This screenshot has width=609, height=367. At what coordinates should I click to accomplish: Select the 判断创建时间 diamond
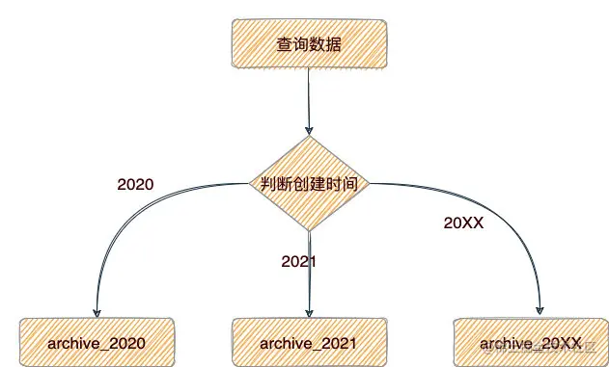[x=310, y=184]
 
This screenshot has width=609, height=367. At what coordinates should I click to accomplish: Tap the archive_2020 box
[x=97, y=343]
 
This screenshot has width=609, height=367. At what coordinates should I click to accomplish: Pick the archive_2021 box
[x=309, y=343]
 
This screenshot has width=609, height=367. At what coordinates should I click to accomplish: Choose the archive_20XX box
[x=531, y=343]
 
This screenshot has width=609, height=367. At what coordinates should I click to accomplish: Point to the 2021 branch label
[x=299, y=261]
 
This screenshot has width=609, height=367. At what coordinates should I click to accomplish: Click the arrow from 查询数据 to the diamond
[x=309, y=101]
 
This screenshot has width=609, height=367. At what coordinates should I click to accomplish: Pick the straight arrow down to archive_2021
[x=309, y=275]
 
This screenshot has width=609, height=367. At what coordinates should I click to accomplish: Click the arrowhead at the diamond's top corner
[x=309, y=132]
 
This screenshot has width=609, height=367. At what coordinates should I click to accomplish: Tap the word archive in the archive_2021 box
[x=286, y=343]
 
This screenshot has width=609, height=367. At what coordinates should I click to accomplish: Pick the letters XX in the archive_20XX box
[x=568, y=343]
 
